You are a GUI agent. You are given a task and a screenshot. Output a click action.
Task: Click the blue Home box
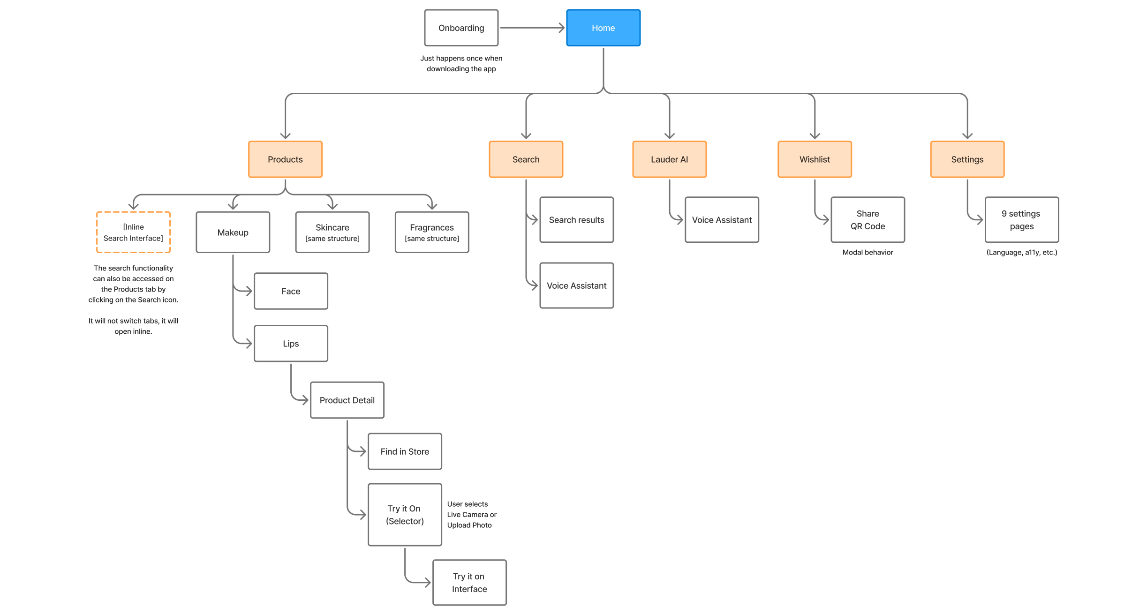tap(603, 28)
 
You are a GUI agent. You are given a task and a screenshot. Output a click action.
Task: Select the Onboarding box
tap(461, 28)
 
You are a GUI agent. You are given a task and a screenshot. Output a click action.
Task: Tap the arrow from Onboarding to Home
tap(532, 28)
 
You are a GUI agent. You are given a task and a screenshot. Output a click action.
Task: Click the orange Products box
tap(285, 159)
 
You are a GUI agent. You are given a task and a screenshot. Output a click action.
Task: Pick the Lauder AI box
tap(669, 159)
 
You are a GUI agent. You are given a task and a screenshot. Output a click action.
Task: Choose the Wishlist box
tap(815, 159)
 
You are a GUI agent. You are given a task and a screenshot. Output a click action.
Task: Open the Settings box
tap(967, 159)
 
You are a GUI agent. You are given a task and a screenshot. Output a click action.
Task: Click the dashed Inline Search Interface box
tap(133, 232)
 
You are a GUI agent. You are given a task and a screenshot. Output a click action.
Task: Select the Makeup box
tap(233, 232)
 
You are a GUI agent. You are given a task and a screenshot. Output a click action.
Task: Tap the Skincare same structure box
tap(332, 232)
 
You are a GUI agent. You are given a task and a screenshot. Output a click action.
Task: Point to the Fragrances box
tap(431, 232)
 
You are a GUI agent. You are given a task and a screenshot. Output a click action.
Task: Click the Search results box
tap(576, 220)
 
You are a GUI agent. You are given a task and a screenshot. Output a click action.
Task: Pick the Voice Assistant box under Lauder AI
tap(722, 220)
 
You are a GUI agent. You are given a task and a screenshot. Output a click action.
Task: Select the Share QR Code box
tap(868, 220)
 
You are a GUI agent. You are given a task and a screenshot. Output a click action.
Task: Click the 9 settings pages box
tap(1021, 220)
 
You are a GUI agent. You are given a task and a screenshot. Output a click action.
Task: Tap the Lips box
tap(291, 344)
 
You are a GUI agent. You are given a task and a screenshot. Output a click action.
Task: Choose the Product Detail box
tap(347, 400)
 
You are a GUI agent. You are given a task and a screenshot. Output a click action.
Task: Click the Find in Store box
tap(405, 451)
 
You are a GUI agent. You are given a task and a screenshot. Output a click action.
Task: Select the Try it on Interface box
tap(469, 583)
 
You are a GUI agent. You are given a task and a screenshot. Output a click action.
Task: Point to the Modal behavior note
tap(868, 253)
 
